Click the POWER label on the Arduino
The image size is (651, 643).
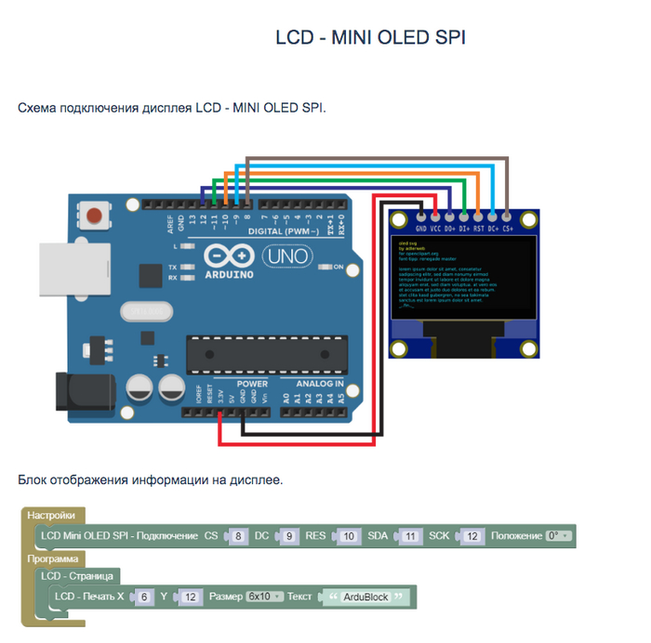(252, 384)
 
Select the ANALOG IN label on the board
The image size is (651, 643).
(319, 384)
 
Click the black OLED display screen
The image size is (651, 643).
(464, 276)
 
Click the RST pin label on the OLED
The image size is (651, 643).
(478, 228)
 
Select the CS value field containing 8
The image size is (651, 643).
(239, 536)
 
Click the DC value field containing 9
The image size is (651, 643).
(289, 536)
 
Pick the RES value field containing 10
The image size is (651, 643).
(348, 536)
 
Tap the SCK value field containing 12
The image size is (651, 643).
(472, 536)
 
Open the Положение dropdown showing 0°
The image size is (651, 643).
(559, 536)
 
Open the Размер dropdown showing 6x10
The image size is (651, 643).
(265, 596)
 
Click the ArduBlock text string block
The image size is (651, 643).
(365, 597)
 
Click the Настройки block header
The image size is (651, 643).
(50, 515)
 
